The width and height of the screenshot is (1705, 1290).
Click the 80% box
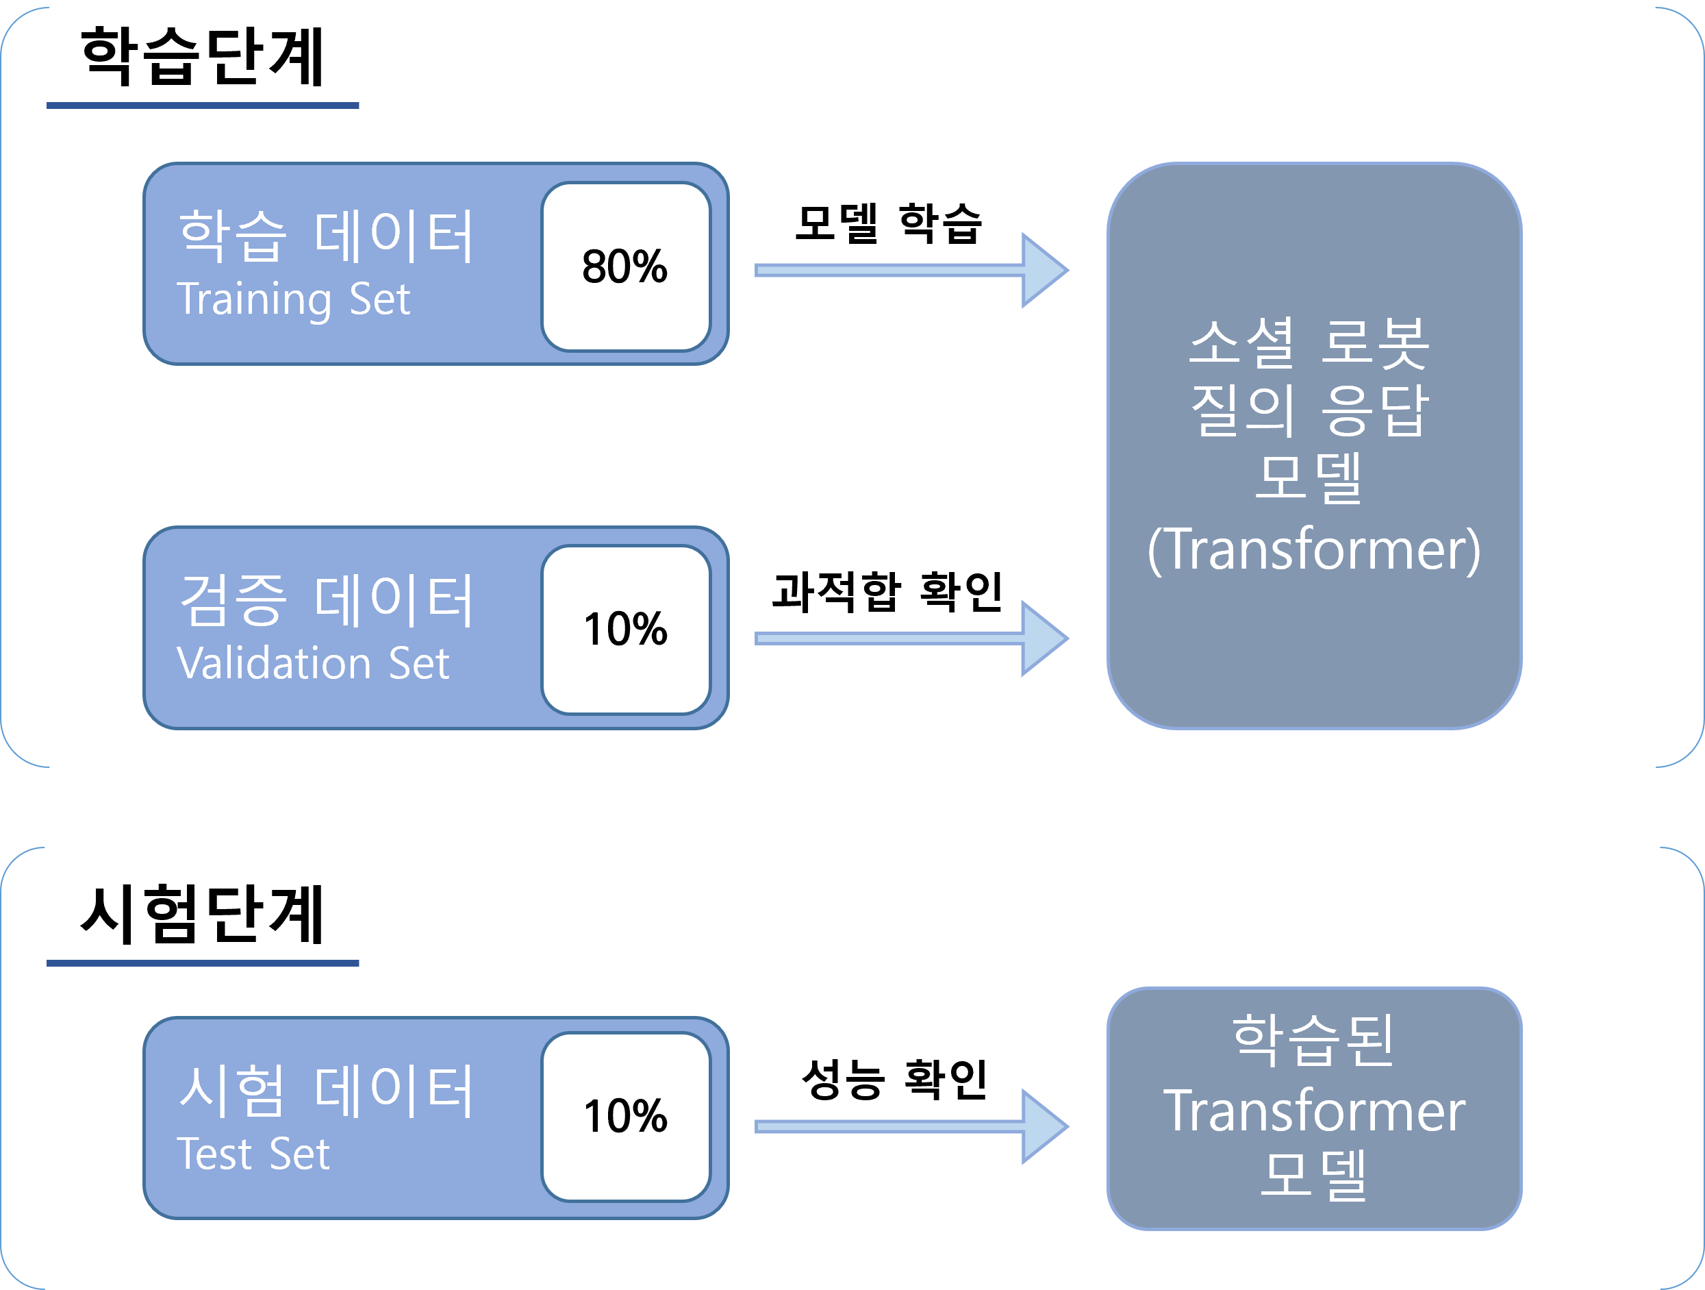click(x=625, y=266)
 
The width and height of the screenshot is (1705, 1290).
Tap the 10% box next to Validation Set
click(x=625, y=629)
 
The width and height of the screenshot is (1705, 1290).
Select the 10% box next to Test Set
click(x=625, y=1116)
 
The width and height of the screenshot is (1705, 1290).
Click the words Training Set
click(x=294, y=299)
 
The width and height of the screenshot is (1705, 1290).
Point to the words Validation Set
click(x=312, y=663)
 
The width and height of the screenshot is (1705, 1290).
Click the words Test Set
click(x=253, y=1154)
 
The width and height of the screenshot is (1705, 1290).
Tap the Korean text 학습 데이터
click(x=325, y=235)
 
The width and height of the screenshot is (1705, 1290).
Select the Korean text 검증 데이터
click(x=325, y=600)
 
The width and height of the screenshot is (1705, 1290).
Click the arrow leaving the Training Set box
click(x=909, y=270)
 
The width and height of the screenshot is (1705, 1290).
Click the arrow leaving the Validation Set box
click(x=909, y=638)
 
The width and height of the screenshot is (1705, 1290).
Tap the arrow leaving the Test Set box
click(x=909, y=1126)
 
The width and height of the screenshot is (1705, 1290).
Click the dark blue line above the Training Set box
click(x=203, y=105)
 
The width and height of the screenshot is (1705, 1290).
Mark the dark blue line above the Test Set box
click(x=203, y=963)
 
